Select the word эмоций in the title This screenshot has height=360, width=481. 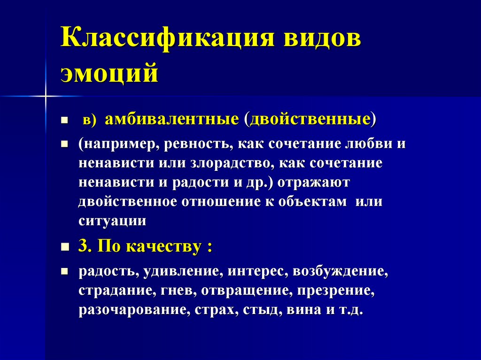coord(109,73)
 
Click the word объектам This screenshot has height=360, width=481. coord(311,201)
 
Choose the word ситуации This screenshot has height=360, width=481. coord(112,221)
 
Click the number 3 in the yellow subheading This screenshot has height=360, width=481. coord(83,247)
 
